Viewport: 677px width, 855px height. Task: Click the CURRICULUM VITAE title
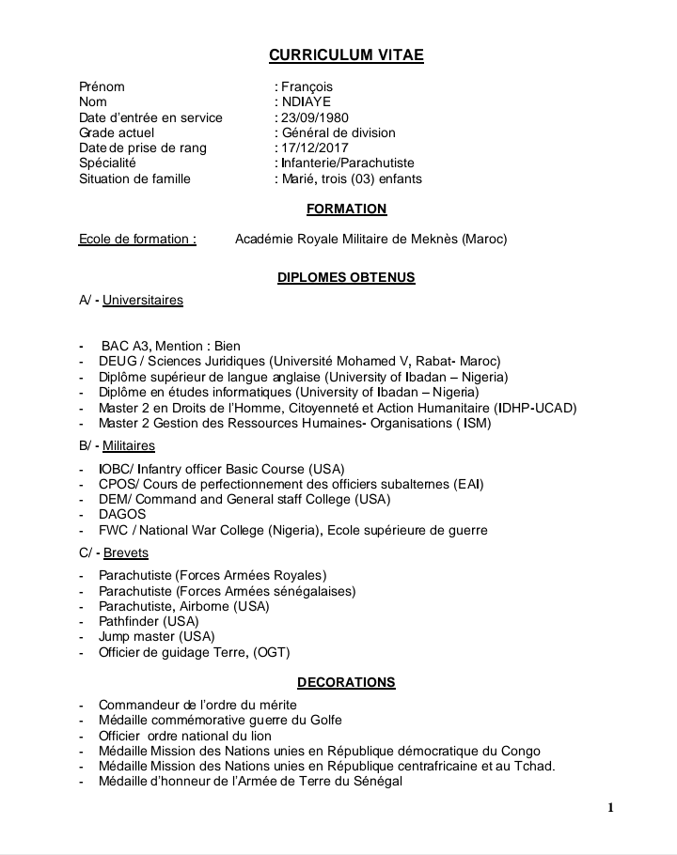346,55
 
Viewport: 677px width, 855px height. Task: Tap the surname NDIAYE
306,101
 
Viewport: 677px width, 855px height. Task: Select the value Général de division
338,132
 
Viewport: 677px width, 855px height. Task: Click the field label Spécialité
107,163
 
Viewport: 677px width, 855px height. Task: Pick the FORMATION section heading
346,209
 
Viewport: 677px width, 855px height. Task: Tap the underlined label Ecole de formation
137,239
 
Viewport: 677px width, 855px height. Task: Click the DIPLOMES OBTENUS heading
346,278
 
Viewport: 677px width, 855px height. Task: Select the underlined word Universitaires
143,301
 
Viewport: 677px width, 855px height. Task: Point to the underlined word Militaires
129,445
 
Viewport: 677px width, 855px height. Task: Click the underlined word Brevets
126,552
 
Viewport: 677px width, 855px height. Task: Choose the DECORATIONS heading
346,682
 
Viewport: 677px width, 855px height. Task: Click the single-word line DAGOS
122,514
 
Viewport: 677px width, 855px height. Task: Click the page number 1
610,807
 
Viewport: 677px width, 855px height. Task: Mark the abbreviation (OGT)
272,651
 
